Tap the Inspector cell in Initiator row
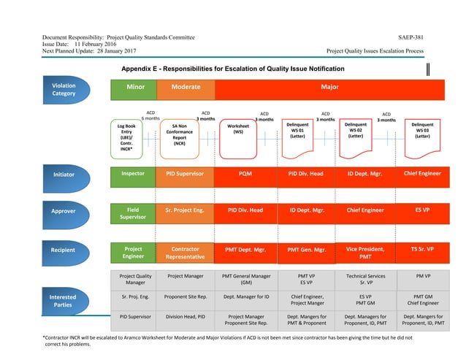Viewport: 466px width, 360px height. (x=133, y=175)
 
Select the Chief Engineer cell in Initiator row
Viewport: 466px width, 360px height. (x=422, y=174)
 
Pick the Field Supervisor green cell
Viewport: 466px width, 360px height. (x=133, y=212)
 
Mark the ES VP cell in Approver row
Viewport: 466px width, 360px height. (x=422, y=210)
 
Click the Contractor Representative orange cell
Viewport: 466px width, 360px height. (x=185, y=253)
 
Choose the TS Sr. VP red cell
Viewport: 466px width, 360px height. (x=422, y=249)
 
